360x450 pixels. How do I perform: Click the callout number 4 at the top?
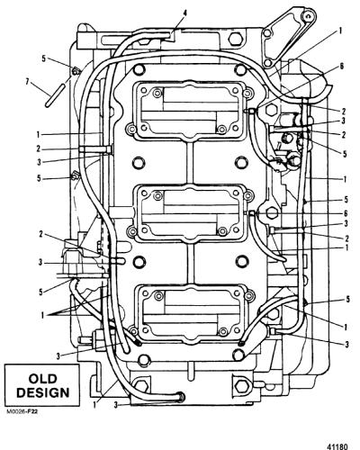(x=185, y=13)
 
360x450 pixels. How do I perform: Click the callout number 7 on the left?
(x=28, y=82)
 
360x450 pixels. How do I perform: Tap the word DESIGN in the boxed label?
(x=42, y=392)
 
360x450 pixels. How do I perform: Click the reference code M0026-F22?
(x=22, y=411)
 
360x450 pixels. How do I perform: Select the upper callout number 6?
(x=341, y=67)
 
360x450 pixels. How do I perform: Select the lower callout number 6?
(x=346, y=213)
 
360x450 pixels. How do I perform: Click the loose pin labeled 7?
(x=55, y=94)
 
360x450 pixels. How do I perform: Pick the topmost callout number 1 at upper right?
(x=341, y=31)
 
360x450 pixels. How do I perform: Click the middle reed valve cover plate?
(x=192, y=212)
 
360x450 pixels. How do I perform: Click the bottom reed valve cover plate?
(x=192, y=313)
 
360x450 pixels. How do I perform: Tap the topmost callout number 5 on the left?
(x=44, y=58)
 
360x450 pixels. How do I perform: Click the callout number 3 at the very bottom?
(x=116, y=405)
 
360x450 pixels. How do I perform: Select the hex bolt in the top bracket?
(x=234, y=39)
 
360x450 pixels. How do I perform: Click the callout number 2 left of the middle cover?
(x=41, y=234)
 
